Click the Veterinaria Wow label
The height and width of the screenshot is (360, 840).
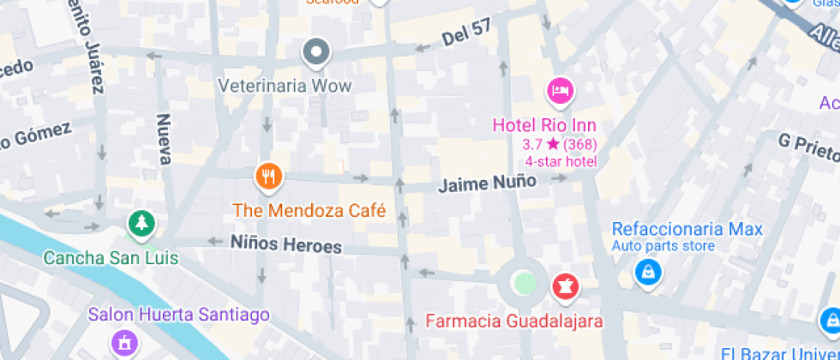285,86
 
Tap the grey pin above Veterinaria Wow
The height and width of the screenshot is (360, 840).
317,52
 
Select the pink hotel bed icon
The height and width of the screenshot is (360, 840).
560,90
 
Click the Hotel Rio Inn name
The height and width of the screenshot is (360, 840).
544,125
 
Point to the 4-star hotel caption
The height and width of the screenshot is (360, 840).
561,161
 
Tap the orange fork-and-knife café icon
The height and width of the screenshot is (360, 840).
269,177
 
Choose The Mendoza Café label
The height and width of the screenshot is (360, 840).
309,210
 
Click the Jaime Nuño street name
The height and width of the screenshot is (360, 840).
488,183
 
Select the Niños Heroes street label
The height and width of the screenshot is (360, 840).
285,244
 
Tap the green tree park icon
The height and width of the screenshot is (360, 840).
140,225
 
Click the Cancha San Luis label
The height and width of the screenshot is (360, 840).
111,257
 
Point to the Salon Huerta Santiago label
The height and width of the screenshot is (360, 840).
179,315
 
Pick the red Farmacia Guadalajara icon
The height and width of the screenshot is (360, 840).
565,285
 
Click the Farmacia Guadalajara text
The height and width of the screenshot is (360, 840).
514,321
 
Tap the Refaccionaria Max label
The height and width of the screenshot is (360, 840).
687,229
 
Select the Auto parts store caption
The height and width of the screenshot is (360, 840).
663,247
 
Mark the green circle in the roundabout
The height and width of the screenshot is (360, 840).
523,282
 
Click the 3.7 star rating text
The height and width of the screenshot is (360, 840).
560,144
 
